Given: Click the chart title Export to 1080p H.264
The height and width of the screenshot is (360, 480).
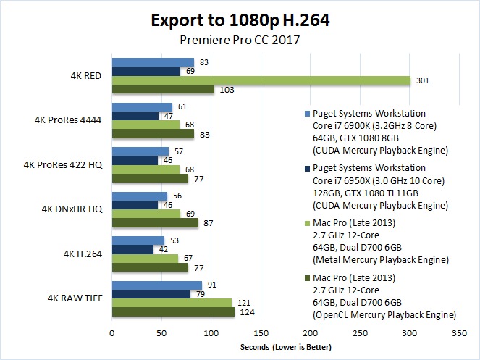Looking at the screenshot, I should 240,20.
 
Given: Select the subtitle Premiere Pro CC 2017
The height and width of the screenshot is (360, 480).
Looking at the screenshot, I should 240,41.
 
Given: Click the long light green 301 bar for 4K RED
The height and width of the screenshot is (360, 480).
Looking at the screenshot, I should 261,80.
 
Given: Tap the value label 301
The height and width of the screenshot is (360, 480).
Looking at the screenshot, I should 422,80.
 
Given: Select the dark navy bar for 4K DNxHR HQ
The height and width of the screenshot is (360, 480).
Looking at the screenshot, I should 134,205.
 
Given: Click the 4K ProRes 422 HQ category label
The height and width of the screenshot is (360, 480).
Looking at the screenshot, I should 65,165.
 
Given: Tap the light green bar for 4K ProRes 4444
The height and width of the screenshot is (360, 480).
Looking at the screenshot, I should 145,125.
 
